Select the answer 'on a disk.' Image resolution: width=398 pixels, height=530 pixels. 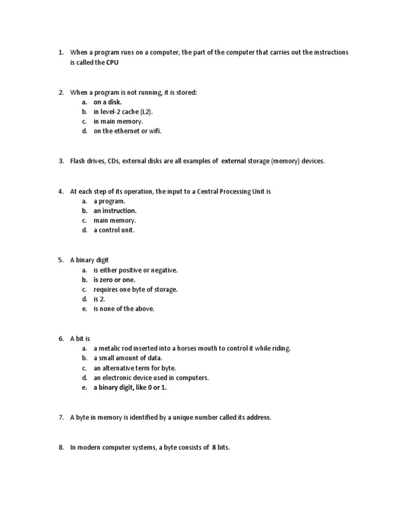pyautogui.click(x=107, y=102)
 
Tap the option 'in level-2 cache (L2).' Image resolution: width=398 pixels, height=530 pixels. pyautogui.click(x=124, y=112)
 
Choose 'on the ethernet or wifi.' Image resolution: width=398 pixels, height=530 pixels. pyautogui.click(x=127, y=131)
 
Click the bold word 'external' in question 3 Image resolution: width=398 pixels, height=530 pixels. pyautogui.click(x=233, y=161)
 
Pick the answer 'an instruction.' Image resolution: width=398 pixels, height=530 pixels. pyautogui.click(x=115, y=211)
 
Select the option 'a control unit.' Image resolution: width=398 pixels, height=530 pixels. pyautogui.click(x=113, y=230)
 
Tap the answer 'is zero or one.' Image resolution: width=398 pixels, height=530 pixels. pyautogui.click(x=114, y=280)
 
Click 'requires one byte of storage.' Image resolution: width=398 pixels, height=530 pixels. pyautogui.click(x=135, y=290)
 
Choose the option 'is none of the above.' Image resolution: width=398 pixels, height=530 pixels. pyautogui.click(x=124, y=309)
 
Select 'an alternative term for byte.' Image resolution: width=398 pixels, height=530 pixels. pyautogui.click(x=135, y=368)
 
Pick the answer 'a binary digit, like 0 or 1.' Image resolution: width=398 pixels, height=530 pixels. pyautogui.click(x=130, y=388)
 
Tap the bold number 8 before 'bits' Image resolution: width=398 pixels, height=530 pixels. pyautogui.click(x=214, y=448)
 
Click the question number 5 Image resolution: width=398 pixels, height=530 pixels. pyautogui.click(x=61, y=260)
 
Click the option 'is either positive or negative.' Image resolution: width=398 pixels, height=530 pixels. pyautogui.click(x=135, y=270)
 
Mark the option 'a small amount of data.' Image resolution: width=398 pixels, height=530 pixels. pyautogui.click(x=128, y=358)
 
